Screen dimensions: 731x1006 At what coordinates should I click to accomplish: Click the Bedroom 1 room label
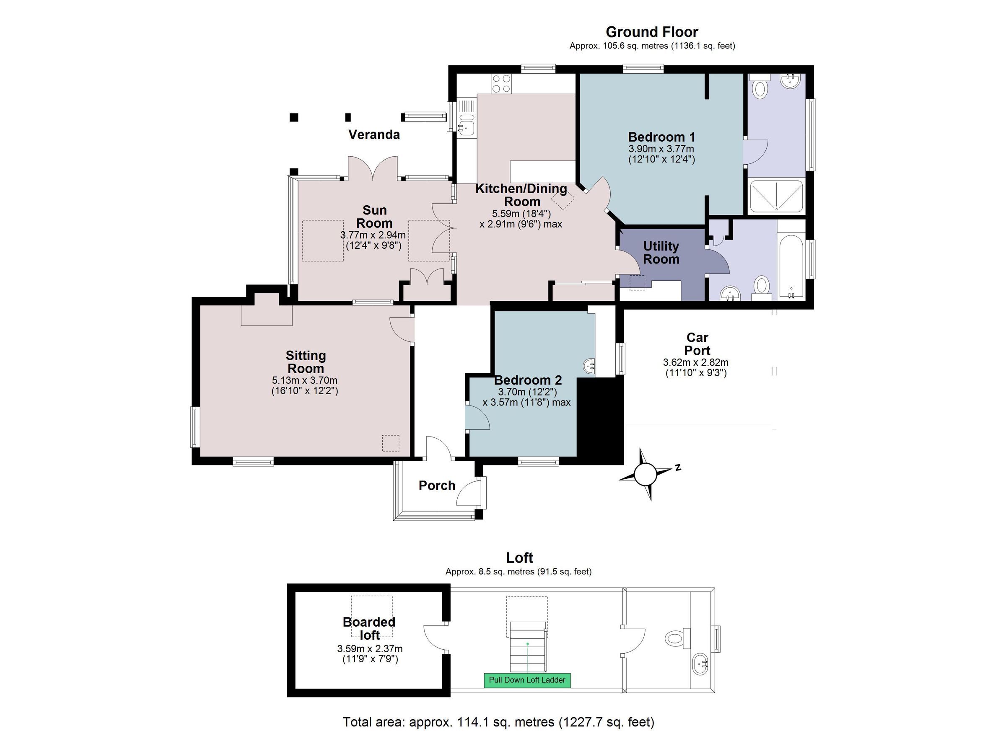pos(661,137)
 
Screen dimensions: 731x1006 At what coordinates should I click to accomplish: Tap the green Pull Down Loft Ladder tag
pos(527,680)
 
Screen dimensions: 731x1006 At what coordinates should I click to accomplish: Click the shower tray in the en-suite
pos(776,196)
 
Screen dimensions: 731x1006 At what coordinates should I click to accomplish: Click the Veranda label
pos(374,134)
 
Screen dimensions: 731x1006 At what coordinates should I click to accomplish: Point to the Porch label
pos(437,486)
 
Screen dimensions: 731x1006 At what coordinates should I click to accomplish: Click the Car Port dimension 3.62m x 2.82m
pos(695,362)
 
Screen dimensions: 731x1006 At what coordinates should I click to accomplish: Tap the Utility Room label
pos(661,253)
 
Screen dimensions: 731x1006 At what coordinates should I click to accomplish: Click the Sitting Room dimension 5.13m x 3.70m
pos(305,380)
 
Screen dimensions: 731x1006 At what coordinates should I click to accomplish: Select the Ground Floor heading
pos(651,32)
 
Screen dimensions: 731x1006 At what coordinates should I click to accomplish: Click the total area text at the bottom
pos(498,722)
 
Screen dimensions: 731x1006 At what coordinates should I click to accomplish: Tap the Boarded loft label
pos(369,628)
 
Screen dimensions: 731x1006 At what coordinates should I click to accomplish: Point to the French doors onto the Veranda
pos(373,169)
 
